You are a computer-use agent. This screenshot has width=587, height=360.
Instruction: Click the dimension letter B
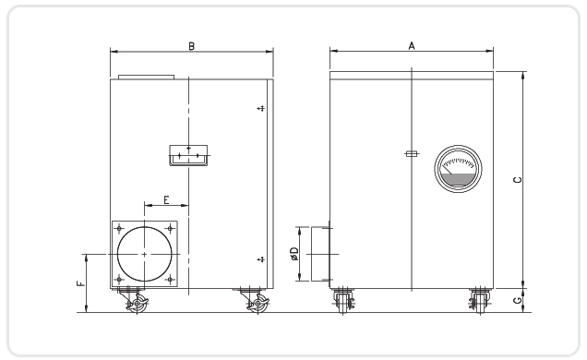pyautogui.click(x=191, y=46)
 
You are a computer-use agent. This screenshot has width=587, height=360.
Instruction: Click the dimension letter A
pyautogui.click(x=412, y=45)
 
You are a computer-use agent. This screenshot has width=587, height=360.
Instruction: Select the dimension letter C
pyautogui.click(x=518, y=180)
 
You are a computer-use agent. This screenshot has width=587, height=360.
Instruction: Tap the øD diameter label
pyautogui.click(x=294, y=253)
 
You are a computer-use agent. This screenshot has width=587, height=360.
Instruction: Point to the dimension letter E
pyautogui.click(x=166, y=199)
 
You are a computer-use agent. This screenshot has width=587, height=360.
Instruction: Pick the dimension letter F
pyautogui.click(x=81, y=283)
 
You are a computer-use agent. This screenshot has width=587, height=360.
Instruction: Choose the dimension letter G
pyautogui.click(x=518, y=300)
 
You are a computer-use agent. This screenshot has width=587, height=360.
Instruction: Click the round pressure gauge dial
pyautogui.click(x=458, y=169)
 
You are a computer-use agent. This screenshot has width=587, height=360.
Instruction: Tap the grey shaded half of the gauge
pyautogui.click(x=458, y=180)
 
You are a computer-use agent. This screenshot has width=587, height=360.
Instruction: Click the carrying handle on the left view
pyautogui.click(x=188, y=155)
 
